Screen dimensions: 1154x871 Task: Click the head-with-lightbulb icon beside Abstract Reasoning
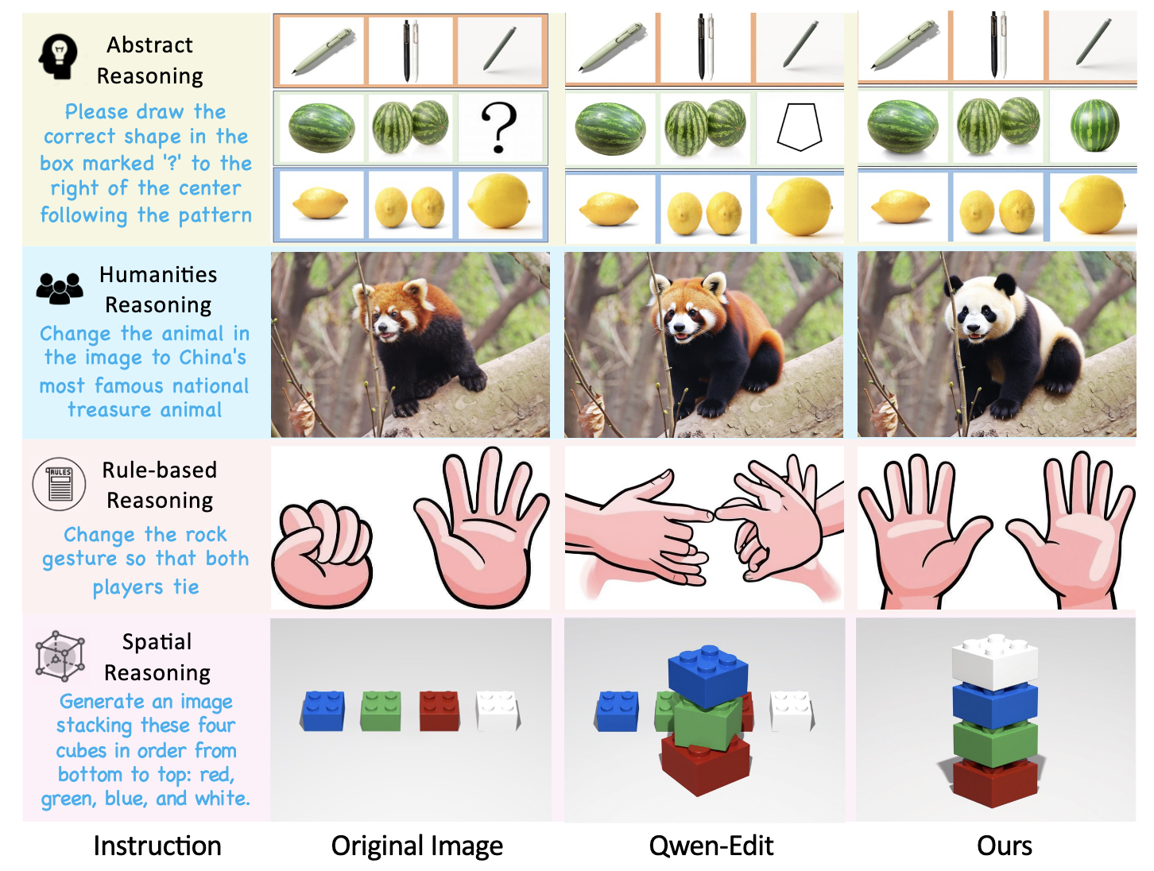(58, 56)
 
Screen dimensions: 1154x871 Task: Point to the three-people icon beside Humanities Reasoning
(59, 288)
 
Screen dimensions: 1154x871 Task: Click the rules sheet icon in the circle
(59, 484)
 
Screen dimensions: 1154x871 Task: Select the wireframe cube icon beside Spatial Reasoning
(59, 656)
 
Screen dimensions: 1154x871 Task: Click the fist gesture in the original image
(321, 553)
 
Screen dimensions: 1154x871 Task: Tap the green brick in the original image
(380, 710)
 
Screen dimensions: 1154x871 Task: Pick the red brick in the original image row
(439, 710)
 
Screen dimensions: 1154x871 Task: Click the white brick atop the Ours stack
(994, 660)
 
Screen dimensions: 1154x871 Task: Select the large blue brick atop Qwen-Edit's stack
(707, 676)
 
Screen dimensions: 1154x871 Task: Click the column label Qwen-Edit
(711, 846)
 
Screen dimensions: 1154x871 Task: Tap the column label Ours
(1004, 846)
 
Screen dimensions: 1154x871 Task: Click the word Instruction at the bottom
(157, 846)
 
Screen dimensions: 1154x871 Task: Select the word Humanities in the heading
(157, 274)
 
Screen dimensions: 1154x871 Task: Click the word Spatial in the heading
(157, 642)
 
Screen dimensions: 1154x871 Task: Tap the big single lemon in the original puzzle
(499, 201)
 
